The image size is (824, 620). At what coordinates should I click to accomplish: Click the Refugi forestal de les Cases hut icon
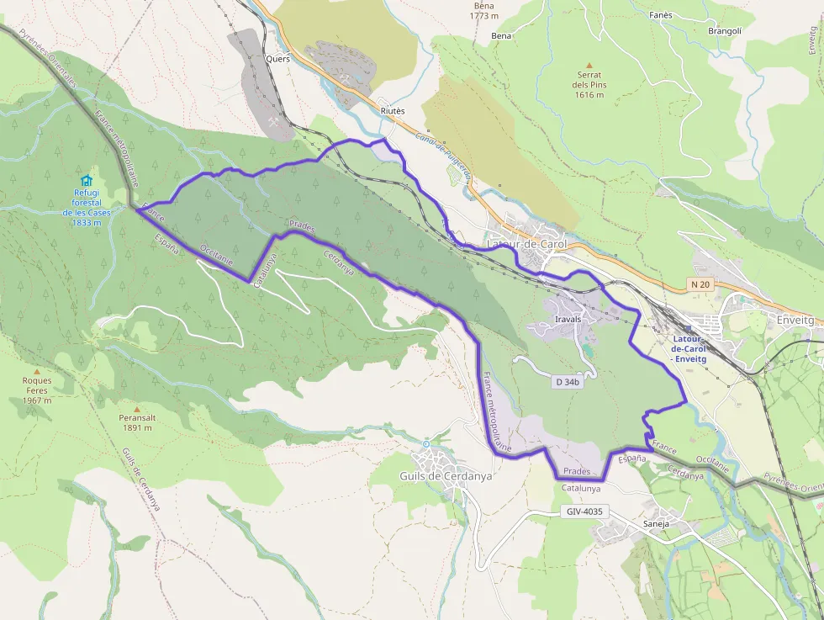(86, 180)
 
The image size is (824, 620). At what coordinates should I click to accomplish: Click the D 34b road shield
(568, 382)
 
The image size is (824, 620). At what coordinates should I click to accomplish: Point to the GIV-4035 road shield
(584, 511)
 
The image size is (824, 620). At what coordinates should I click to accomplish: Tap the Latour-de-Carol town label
(527, 244)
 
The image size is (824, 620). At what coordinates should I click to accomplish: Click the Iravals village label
(568, 320)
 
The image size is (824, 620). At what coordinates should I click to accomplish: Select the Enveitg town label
(795, 321)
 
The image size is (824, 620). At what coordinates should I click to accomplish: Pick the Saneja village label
(656, 523)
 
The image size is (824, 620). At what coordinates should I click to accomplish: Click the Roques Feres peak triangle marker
(36, 371)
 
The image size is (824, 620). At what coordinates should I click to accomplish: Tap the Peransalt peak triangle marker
(135, 409)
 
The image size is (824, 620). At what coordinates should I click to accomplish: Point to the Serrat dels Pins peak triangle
(589, 65)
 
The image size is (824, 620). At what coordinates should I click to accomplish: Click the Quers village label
(277, 59)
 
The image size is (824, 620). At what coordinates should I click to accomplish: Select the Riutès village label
(392, 111)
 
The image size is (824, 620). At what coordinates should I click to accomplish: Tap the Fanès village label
(660, 15)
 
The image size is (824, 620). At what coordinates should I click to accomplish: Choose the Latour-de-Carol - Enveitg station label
(689, 349)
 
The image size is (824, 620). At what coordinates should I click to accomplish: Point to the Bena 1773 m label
(484, 10)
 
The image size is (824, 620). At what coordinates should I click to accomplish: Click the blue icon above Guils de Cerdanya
(425, 443)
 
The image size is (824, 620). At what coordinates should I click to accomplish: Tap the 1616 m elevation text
(589, 95)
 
